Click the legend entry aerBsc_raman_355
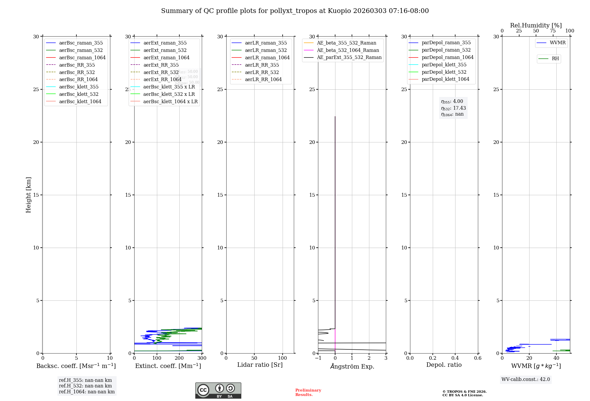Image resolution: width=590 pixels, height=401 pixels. point(81,43)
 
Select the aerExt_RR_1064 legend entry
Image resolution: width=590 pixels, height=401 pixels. point(162,80)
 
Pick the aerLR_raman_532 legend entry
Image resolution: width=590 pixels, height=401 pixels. point(265,50)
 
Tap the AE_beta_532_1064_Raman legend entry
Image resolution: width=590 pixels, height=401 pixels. point(348,50)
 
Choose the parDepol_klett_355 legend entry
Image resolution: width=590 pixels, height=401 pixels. point(444,65)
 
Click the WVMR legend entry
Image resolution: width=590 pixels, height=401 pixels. point(557,43)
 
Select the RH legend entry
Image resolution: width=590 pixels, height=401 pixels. point(555,59)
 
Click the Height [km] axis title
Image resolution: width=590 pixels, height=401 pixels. point(28,195)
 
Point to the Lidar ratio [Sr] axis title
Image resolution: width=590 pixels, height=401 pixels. point(260,365)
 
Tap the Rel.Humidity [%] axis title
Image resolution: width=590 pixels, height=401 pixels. point(536,25)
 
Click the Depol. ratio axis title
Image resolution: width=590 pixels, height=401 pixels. point(444,365)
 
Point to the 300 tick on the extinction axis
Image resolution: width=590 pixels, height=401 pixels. point(202,358)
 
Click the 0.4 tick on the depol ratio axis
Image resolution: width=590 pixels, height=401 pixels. point(455,358)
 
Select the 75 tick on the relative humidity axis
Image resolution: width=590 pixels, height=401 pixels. point(553,31)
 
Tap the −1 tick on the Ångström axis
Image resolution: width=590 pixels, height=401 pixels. point(318,358)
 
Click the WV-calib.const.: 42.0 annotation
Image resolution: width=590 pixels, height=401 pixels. point(526,379)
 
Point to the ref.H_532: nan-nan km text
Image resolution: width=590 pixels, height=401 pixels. point(85,386)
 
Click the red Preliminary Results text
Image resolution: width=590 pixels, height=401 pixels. point(308,392)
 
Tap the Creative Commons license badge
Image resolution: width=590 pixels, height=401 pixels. point(218,391)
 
